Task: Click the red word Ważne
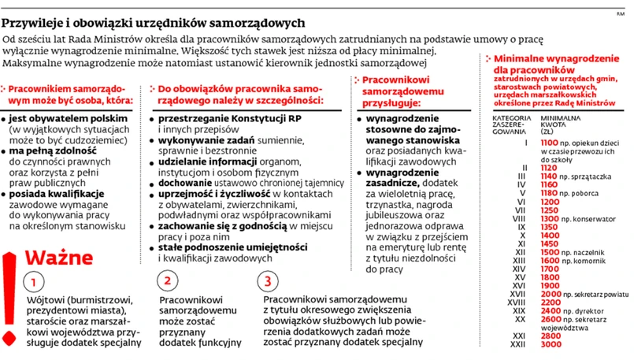[x=55, y=258]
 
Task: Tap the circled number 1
[x=34, y=281]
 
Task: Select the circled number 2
[x=167, y=280]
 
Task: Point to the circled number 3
[x=269, y=280]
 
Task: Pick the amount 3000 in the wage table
[x=551, y=344]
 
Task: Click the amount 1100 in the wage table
[x=551, y=142]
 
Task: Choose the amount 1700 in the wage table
[x=551, y=269]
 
